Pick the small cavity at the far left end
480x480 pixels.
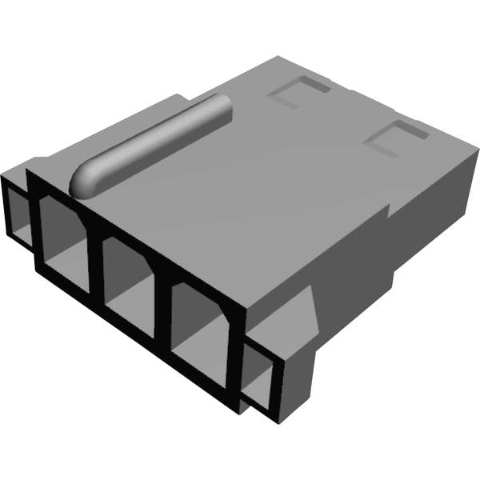(x=19, y=213)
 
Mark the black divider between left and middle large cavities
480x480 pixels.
(x=95, y=256)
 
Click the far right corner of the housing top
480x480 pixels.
(x=478, y=148)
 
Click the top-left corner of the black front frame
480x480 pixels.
(x=30, y=170)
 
